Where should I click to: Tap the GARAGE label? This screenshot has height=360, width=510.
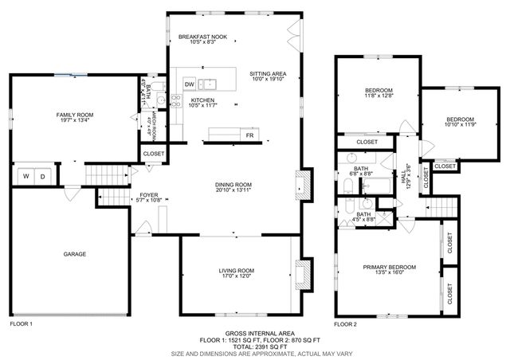(x=75, y=254)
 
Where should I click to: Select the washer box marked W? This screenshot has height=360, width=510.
(x=25, y=176)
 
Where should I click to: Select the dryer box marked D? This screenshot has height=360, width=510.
(x=43, y=176)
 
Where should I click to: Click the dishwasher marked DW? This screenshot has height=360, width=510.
(x=190, y=84)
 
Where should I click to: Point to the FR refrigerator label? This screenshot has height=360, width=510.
(x=249, y=136)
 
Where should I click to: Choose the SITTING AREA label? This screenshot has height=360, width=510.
(x=268, y=73)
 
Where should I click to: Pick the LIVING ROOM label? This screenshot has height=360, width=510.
(x=236, y=271)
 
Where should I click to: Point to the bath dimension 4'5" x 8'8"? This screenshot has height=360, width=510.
(x=363, y=220)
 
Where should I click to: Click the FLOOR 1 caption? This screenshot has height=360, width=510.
(x=21, y=324)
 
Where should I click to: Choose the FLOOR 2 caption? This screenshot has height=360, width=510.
(x=345, y=324)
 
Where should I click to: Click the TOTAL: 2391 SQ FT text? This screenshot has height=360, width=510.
(x=260, y=346)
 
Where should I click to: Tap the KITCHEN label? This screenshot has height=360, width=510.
(x=203, y=100)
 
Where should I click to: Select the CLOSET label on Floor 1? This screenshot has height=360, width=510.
(x=153, y=153)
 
